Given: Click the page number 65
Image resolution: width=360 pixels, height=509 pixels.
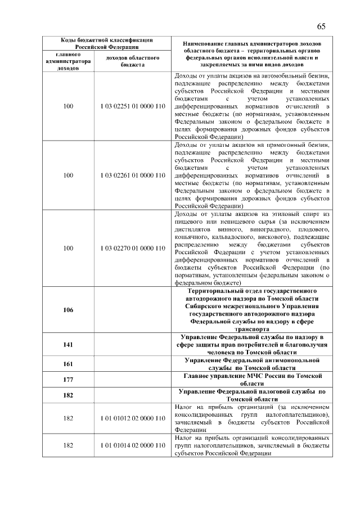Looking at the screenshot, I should pyautogui.click(x=321, y=26).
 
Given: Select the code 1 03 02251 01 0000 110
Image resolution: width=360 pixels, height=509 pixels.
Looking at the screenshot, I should pyautogui.click(x=133, y=106).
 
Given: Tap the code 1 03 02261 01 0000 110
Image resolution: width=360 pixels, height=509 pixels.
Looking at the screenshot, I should pyautogui.click(x=133, y=175).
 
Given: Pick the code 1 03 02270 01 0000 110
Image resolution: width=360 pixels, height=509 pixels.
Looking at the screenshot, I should pyautogui.click(x=133, y=248).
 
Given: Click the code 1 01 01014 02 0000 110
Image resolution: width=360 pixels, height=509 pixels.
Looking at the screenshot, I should pyautogui.click(x=133, y=445).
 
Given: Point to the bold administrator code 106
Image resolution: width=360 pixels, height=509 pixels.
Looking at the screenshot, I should pyautogui.click(x=68, y=309).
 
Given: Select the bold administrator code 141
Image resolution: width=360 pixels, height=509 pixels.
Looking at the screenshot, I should pyautogui.click(x=68, y=344).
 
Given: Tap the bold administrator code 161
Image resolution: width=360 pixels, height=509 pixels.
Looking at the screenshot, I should pyautogui.click(x=68, y=363).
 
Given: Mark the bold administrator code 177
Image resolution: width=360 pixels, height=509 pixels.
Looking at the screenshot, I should pyautogui.click(x=68, y=379).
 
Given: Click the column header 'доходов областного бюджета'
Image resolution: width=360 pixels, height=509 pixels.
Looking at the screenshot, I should pyautogui.click(x=133, y=61).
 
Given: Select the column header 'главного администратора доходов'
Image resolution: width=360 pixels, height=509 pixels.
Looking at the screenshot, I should pyautogui.click(x=68, y=61).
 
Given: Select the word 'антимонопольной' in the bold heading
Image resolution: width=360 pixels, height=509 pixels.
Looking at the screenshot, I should pyautogui.click(x=291, y=359).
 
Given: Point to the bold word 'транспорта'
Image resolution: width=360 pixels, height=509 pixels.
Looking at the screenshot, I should pyautogui.click(x=253, y=328).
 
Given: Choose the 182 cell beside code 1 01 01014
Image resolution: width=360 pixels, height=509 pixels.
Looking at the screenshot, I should pyautogui.click(x=68, y=445).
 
